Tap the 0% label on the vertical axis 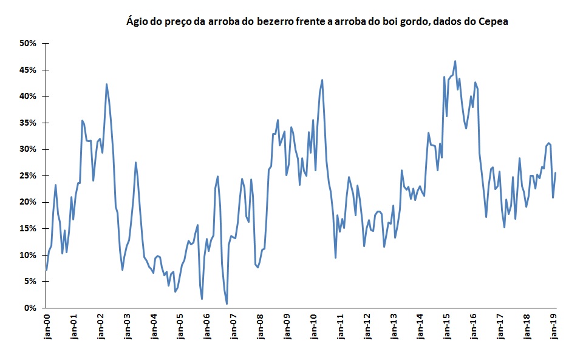tap(32, 308)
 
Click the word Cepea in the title tap(493, 22)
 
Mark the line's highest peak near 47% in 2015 tap(455, 61)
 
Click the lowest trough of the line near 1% tap(227, 304)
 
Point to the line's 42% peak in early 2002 tap(106, 84)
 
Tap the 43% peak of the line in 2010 tap(322, 80)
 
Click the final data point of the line tap(555, 173)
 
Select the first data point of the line tap(47, 270)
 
